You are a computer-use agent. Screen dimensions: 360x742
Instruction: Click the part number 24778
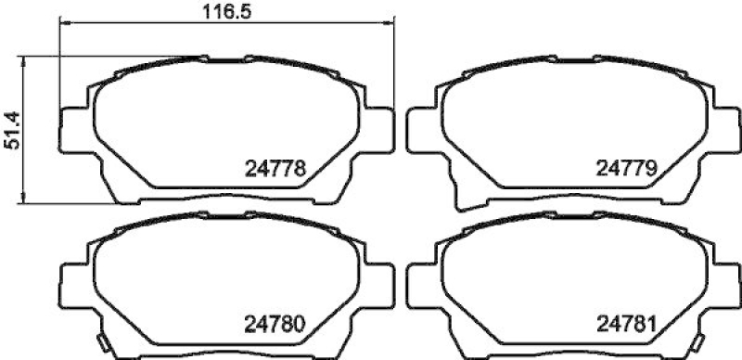(x=275, y=169)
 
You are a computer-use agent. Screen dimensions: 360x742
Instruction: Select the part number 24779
(x=625, y=169)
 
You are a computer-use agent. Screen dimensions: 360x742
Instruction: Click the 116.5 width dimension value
(x=227, y=12)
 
